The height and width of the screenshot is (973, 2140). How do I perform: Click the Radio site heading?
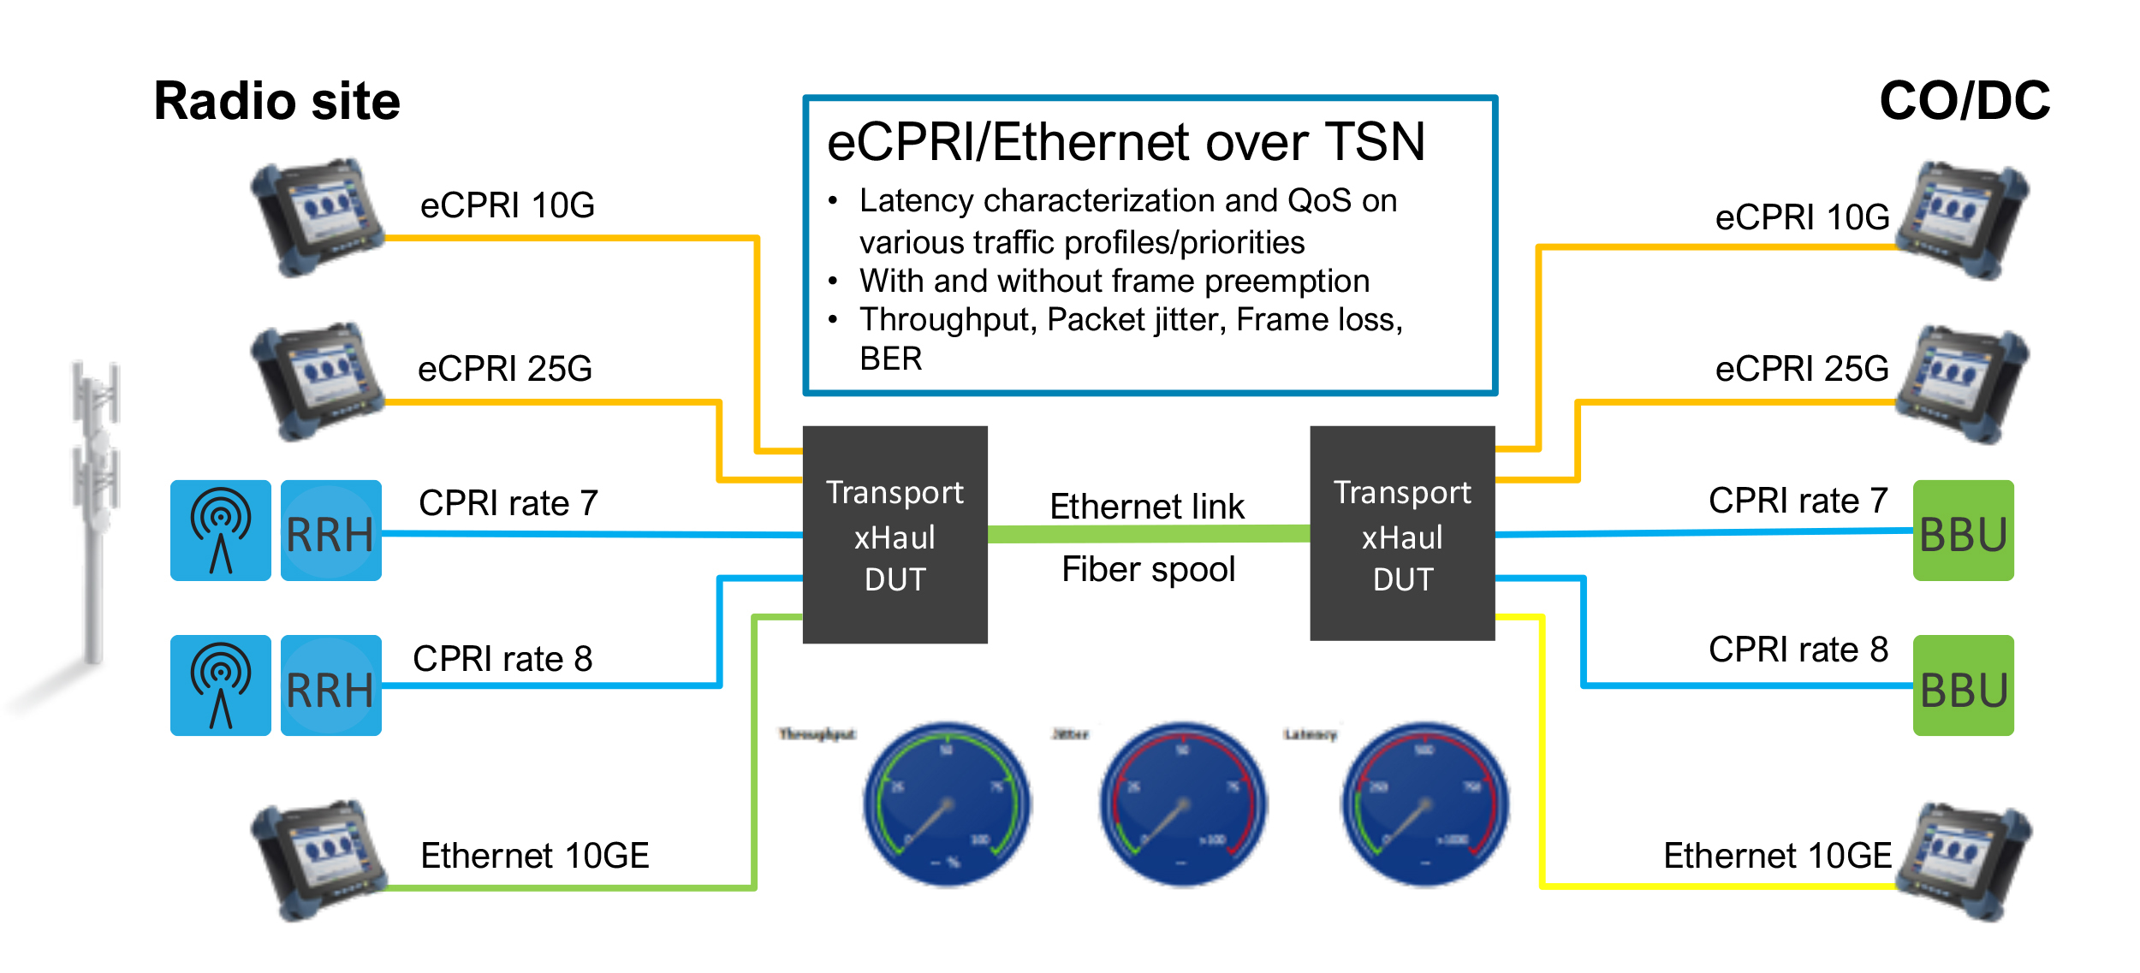276,101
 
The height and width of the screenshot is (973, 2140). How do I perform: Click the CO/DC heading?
1964,101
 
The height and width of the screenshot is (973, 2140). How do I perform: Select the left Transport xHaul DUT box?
895,535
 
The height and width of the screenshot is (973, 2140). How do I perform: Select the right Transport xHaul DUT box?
1402,533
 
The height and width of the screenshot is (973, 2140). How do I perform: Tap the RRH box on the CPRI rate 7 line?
330,531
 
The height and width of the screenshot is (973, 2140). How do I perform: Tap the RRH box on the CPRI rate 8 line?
330,685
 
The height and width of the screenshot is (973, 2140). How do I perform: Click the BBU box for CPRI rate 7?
1963,531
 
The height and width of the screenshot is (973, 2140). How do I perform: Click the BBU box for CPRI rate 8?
1963,685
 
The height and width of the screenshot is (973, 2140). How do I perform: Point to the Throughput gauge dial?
947,804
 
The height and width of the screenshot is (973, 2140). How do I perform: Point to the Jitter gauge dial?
1183,804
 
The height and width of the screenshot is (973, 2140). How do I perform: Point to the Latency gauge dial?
1424,804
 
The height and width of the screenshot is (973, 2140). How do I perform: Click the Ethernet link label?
1147,507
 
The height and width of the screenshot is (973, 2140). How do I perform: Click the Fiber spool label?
1148,569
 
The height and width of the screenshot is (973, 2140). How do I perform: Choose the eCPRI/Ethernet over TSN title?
1126,142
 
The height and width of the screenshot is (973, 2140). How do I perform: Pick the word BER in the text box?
891,359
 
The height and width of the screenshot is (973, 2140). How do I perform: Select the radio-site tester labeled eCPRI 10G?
317,217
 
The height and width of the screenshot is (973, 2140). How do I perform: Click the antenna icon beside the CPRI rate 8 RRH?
221,685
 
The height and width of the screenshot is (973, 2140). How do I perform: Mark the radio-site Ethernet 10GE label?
535,856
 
